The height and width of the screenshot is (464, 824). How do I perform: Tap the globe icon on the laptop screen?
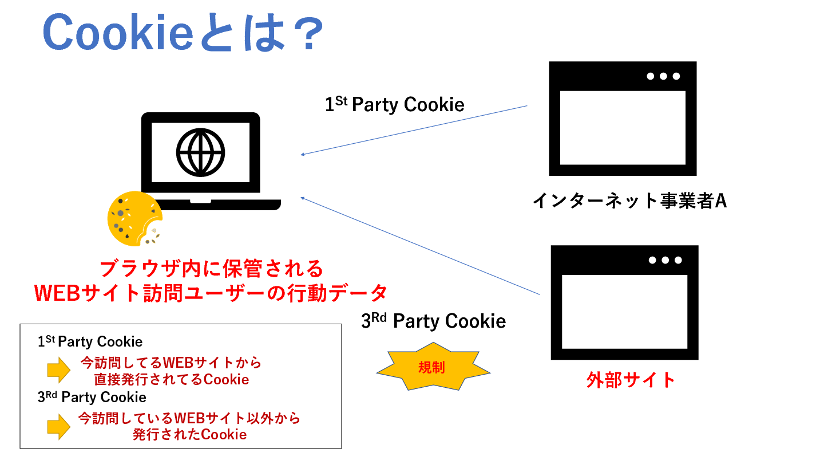[x=200, y=151]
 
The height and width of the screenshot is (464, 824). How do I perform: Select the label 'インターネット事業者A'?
[x=629, y=200]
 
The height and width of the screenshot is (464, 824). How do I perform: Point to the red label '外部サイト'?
[x=631, y=380]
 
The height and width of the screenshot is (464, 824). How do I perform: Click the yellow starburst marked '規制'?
[x=433, y=367]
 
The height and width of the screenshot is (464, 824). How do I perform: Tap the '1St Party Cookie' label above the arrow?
[x=394, y=104]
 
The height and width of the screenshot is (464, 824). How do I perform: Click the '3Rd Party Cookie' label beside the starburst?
[x=433, y=321]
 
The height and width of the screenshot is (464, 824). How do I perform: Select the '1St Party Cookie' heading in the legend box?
[x=90, y=342]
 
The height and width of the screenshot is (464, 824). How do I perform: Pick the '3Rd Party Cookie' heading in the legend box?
[x=92, y=397]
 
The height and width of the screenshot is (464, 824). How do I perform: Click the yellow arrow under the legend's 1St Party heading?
[x=58, y=371]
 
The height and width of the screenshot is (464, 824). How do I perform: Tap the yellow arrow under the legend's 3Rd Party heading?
[x=58, y=426]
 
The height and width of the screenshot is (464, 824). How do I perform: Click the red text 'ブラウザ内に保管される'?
[x=211, y=269]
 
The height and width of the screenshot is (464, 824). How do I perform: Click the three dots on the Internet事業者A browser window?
[x=663, y=76]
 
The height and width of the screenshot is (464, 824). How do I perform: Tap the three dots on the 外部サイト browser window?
[x=665, y=260]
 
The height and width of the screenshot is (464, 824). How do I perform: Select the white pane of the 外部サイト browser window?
[x=624, y=312]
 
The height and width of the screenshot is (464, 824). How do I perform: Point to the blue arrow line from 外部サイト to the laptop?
[x=420, y=246]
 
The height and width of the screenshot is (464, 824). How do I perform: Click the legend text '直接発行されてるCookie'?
[x=172, y=380]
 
